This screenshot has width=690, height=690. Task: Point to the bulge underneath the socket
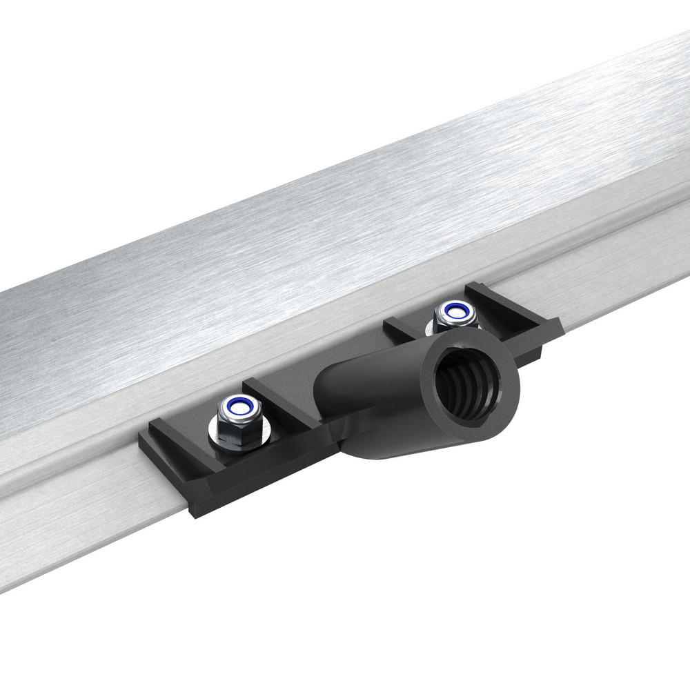pyautogui.click(x=386, y=448)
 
